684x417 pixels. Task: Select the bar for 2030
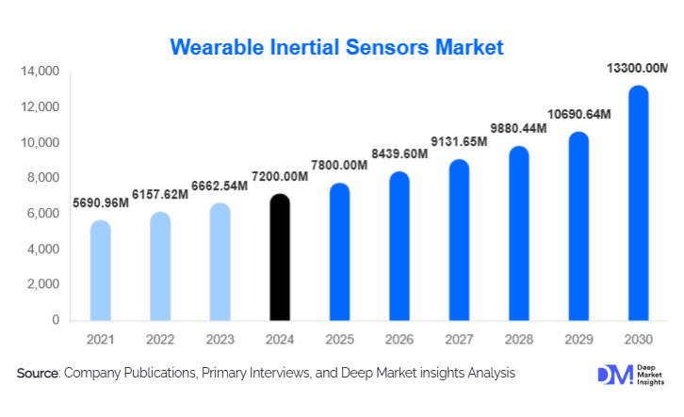coord(639,203)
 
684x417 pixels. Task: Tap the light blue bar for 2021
coord(101,270)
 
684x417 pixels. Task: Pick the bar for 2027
coord(460,240)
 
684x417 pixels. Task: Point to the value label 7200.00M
coord(281,177)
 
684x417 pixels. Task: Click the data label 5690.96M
coord(101,201)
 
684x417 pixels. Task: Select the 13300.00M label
coord(637,68)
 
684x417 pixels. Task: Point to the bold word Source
coord(38,374)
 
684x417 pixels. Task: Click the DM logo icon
coord(611,374)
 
